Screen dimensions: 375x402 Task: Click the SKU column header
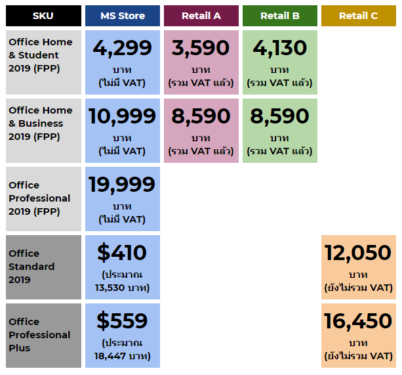[43, 16]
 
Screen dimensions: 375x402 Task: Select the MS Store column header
[123, 16]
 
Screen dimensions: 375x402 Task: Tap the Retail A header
[201, 16]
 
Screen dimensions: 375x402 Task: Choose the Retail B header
[280, 16]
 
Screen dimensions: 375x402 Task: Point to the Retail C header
[359, 16]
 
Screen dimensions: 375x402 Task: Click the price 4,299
[123, 48]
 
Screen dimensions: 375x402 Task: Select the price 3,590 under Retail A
[201, 48]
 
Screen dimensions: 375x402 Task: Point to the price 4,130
[280, 48]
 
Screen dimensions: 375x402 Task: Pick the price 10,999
[123, 116]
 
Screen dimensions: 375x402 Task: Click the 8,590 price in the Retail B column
[280, 116]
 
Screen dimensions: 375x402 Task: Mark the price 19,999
[123, 185]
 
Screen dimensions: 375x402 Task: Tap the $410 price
[123, 253]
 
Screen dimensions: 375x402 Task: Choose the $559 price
[123, 321]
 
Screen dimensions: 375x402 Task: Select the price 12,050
[359, 253]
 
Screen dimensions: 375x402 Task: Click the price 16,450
[359, 321]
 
